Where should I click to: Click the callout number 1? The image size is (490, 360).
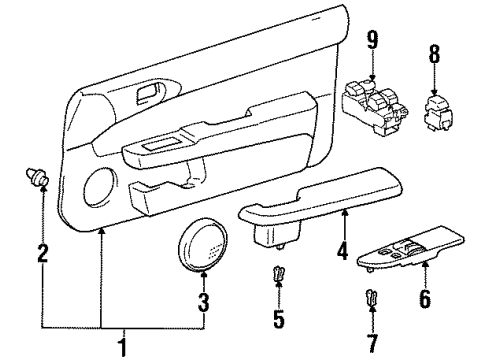click(x=123, y=347)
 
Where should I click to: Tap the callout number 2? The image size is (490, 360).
click(x=43, y=252)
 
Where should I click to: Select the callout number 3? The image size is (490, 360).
click(x=204, y=303)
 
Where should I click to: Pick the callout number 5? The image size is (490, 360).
click(x=279, y=318)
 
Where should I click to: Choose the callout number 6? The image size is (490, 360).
click(x=425, y=298)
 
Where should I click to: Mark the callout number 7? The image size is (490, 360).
click(x=372, y=343)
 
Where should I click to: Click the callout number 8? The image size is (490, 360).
click(x=434, y=53)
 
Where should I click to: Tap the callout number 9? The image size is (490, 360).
click(x=373, y=40)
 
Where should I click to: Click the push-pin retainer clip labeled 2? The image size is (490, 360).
click(x=37, y=177)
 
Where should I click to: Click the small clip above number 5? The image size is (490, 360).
click(x=278, y=274)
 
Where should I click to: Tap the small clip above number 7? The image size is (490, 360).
click(x=371, y=298)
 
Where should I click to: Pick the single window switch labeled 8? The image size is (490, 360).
click(x=438, y=113)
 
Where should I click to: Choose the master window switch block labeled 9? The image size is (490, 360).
click(x=374, y=107)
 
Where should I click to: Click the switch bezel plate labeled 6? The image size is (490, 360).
click(x=411, y=248)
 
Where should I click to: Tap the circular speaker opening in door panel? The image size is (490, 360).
click(x=100, y=186)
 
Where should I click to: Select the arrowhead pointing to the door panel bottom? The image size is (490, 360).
click(x=102, y=231)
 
